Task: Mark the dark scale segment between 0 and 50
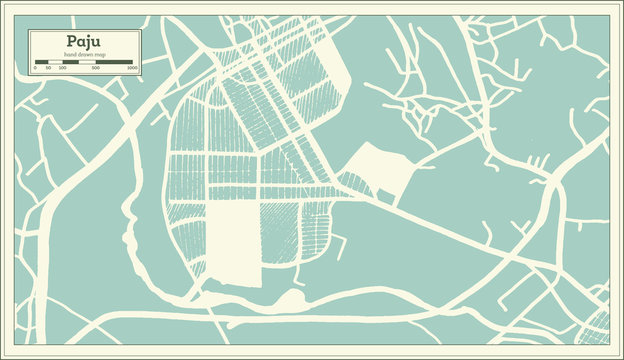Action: pyautogui.click(x=42, y=63)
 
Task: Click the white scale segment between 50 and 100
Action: pyautogui.click(x=55, y=63)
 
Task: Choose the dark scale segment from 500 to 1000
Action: pyautogui.click(x=114, y=63)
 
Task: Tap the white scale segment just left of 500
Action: pyautogui.click(x=86, y=63)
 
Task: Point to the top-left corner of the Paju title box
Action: pyautogui.click(x=29, y=30)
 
